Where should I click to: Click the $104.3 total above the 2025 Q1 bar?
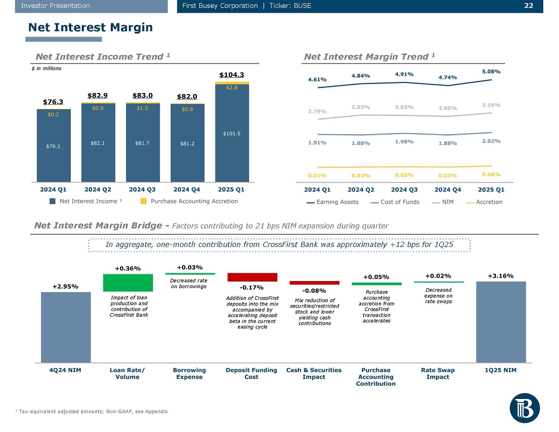tap(232, 75)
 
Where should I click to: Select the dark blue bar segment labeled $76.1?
tap(53, 146)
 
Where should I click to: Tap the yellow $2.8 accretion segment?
tap(232, 87)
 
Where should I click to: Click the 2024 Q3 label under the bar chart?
tap(143, 190)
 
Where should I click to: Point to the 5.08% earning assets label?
tap(491, 72)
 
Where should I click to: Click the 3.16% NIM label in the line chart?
tap(491, 105)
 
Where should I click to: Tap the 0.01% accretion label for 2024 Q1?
tap(317, 175)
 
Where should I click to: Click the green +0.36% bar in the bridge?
tap(128, 283)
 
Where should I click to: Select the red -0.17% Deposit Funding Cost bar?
tap(252, 277)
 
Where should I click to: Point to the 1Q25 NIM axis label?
tap(501, 370)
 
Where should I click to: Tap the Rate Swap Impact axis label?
tap(438, 374)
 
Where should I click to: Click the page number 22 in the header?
tap(528, 6)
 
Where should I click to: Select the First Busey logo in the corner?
tap(525, 408)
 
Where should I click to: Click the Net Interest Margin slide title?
tap(90, 27)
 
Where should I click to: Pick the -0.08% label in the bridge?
tap(314, 291)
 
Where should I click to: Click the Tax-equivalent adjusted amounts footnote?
tap(91, 411)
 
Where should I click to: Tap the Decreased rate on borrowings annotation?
tap(189, 283)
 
